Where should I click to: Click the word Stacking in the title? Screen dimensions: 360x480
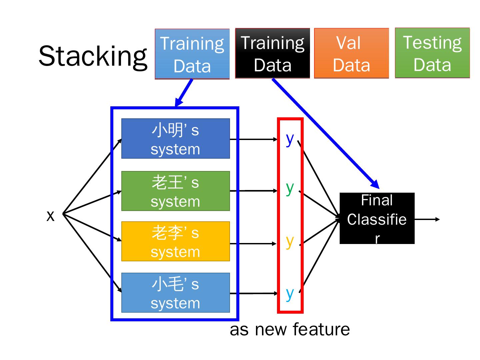[93, 56]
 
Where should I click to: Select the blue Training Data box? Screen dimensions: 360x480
[192, 54]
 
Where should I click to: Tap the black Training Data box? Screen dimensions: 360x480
[272, 53]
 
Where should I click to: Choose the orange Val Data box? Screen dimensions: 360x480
[351, 53]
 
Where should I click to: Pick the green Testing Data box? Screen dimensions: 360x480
[432, 53]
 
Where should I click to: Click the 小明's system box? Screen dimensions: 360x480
[175, 138]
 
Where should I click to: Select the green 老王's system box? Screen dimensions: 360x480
[175, 191]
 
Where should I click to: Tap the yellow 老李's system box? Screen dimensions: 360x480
[175, 241]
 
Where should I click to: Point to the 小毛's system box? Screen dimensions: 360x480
[175, 293]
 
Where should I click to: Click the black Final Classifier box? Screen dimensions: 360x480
[377, 218]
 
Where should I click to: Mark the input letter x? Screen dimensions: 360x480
[50, 216]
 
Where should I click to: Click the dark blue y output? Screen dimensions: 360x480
[290, 139]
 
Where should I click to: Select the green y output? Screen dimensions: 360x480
[290, 188]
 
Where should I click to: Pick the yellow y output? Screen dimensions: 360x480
[290, 241]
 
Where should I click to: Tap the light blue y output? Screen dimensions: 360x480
[290, 294]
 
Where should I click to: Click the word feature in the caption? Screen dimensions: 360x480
[321, 329]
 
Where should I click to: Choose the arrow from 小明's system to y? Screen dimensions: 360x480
[253, 139]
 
